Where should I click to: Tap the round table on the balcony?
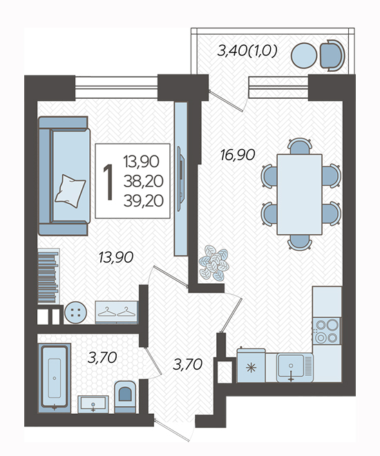304,55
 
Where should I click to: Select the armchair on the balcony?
332,55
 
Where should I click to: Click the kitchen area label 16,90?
238,155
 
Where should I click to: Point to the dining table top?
299,194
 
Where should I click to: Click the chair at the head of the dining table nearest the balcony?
300,146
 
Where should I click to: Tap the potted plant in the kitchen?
214,263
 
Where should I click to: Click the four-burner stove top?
327,331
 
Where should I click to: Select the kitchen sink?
294,368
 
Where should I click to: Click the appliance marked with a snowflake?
251,365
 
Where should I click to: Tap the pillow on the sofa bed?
70,191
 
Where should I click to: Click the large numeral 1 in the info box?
108,182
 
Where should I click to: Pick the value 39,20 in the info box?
143,200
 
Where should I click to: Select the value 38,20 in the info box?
143,181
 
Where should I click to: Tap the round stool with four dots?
75,312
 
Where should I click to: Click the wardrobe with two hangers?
116,312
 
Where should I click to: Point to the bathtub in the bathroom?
55,378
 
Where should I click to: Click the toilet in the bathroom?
125,397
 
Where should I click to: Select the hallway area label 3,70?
187,364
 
